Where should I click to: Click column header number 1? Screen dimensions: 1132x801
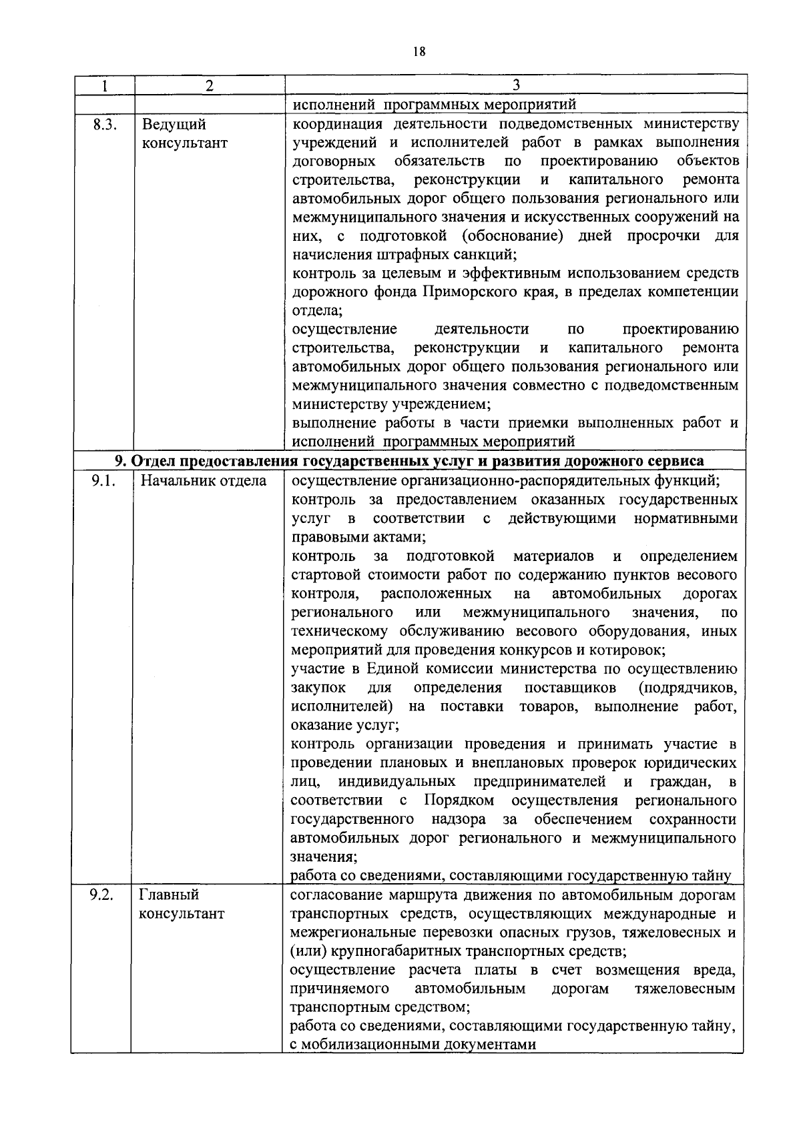[x=104, y=85]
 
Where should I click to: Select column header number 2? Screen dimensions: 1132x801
[x=210, y=85]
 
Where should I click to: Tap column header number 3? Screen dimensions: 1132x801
[x=515, y=85]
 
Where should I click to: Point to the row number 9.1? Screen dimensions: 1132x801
[x=103, y=481]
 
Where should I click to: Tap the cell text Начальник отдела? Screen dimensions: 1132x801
[x=203, y=481]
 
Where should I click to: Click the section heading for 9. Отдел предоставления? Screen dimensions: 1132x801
[x=409, y=462]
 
